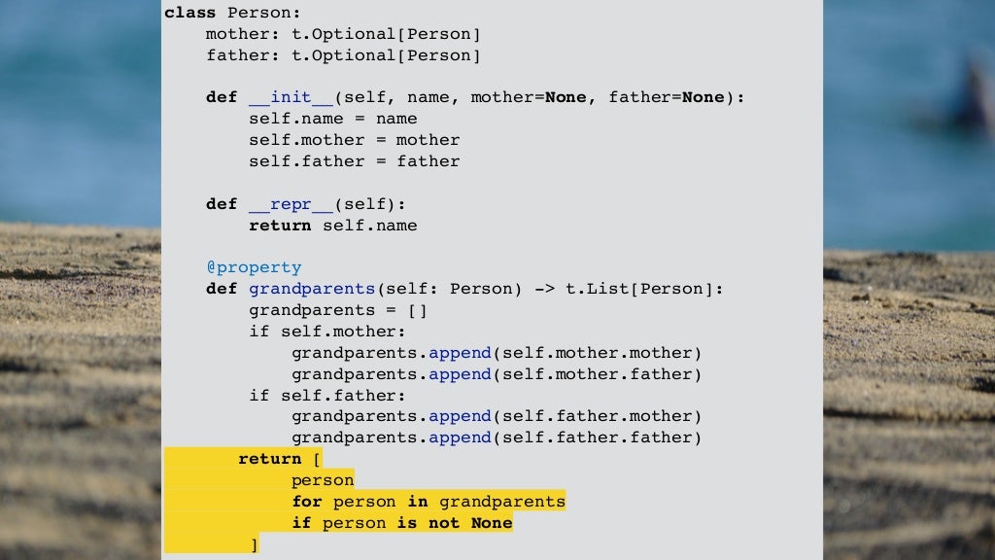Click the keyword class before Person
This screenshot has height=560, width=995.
click(190, 13)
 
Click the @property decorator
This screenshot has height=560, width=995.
click(254, 267)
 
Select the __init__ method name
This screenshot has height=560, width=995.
click(280, 97)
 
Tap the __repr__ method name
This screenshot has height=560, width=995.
click(280, 204)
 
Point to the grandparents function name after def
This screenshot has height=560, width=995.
click(312, 289)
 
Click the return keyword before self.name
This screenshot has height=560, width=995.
click(280, 226)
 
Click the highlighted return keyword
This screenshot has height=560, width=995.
click(269, 459)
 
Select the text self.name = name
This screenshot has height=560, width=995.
click(332, 119)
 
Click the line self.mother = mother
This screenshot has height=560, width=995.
click(354, 140)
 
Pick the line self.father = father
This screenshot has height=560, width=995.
click(354, 161)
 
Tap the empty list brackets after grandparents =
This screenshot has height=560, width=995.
click(418, 310)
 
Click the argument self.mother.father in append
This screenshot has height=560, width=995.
click(597, 374)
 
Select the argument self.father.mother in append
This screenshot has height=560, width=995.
click(597, 416)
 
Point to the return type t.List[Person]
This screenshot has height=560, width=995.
click(640, 289)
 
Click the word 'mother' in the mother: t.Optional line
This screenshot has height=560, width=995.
click(232, 34)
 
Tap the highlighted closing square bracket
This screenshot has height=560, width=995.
click(254, 544)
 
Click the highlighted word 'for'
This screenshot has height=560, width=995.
click(307, 502)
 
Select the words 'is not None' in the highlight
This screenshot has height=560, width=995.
click(454, 523)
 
